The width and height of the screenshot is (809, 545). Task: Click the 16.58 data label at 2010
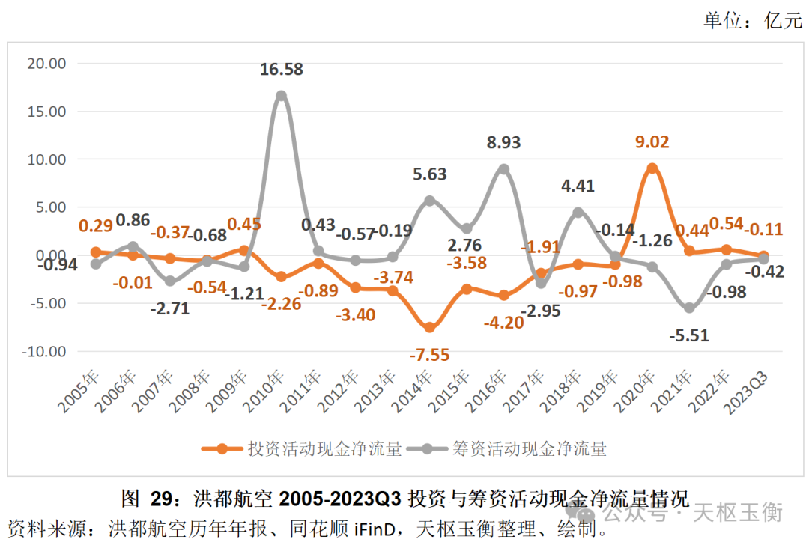282,70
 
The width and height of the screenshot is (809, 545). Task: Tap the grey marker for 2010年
281,96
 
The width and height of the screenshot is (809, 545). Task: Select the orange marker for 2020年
652,168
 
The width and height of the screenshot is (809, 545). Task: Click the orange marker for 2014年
429,327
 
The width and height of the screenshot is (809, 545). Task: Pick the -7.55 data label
429,355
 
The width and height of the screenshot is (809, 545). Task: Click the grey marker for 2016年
503,169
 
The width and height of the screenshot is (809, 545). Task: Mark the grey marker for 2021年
689,308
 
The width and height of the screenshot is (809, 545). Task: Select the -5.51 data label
690,336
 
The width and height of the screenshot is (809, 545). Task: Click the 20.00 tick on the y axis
46,63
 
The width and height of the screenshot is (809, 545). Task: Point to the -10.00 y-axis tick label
43,351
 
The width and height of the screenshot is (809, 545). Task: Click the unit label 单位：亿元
752,20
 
